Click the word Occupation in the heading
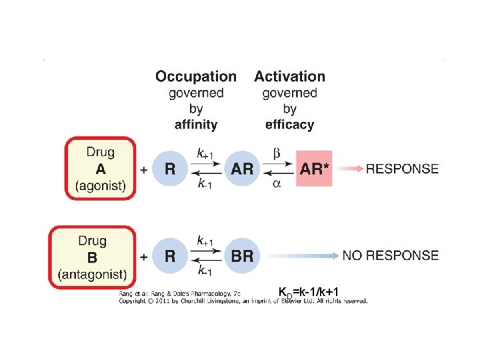coord(196,77)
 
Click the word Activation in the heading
coord(289,77)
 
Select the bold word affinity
coord(196,124)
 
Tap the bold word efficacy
coord(289,124)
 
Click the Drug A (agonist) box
coord(100,169)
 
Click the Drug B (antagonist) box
coord(92,257)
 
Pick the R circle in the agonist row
coord(171,169)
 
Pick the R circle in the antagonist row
coord(171,256)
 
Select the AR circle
coord(243,169)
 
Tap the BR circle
coord(243,256)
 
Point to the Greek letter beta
coord(277,154)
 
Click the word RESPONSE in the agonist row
coord(402,169)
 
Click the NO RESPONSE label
coord(390,255)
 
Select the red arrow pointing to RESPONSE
coord(351,169)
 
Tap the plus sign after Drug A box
coord(144,170)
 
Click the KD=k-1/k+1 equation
coord(311,291)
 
